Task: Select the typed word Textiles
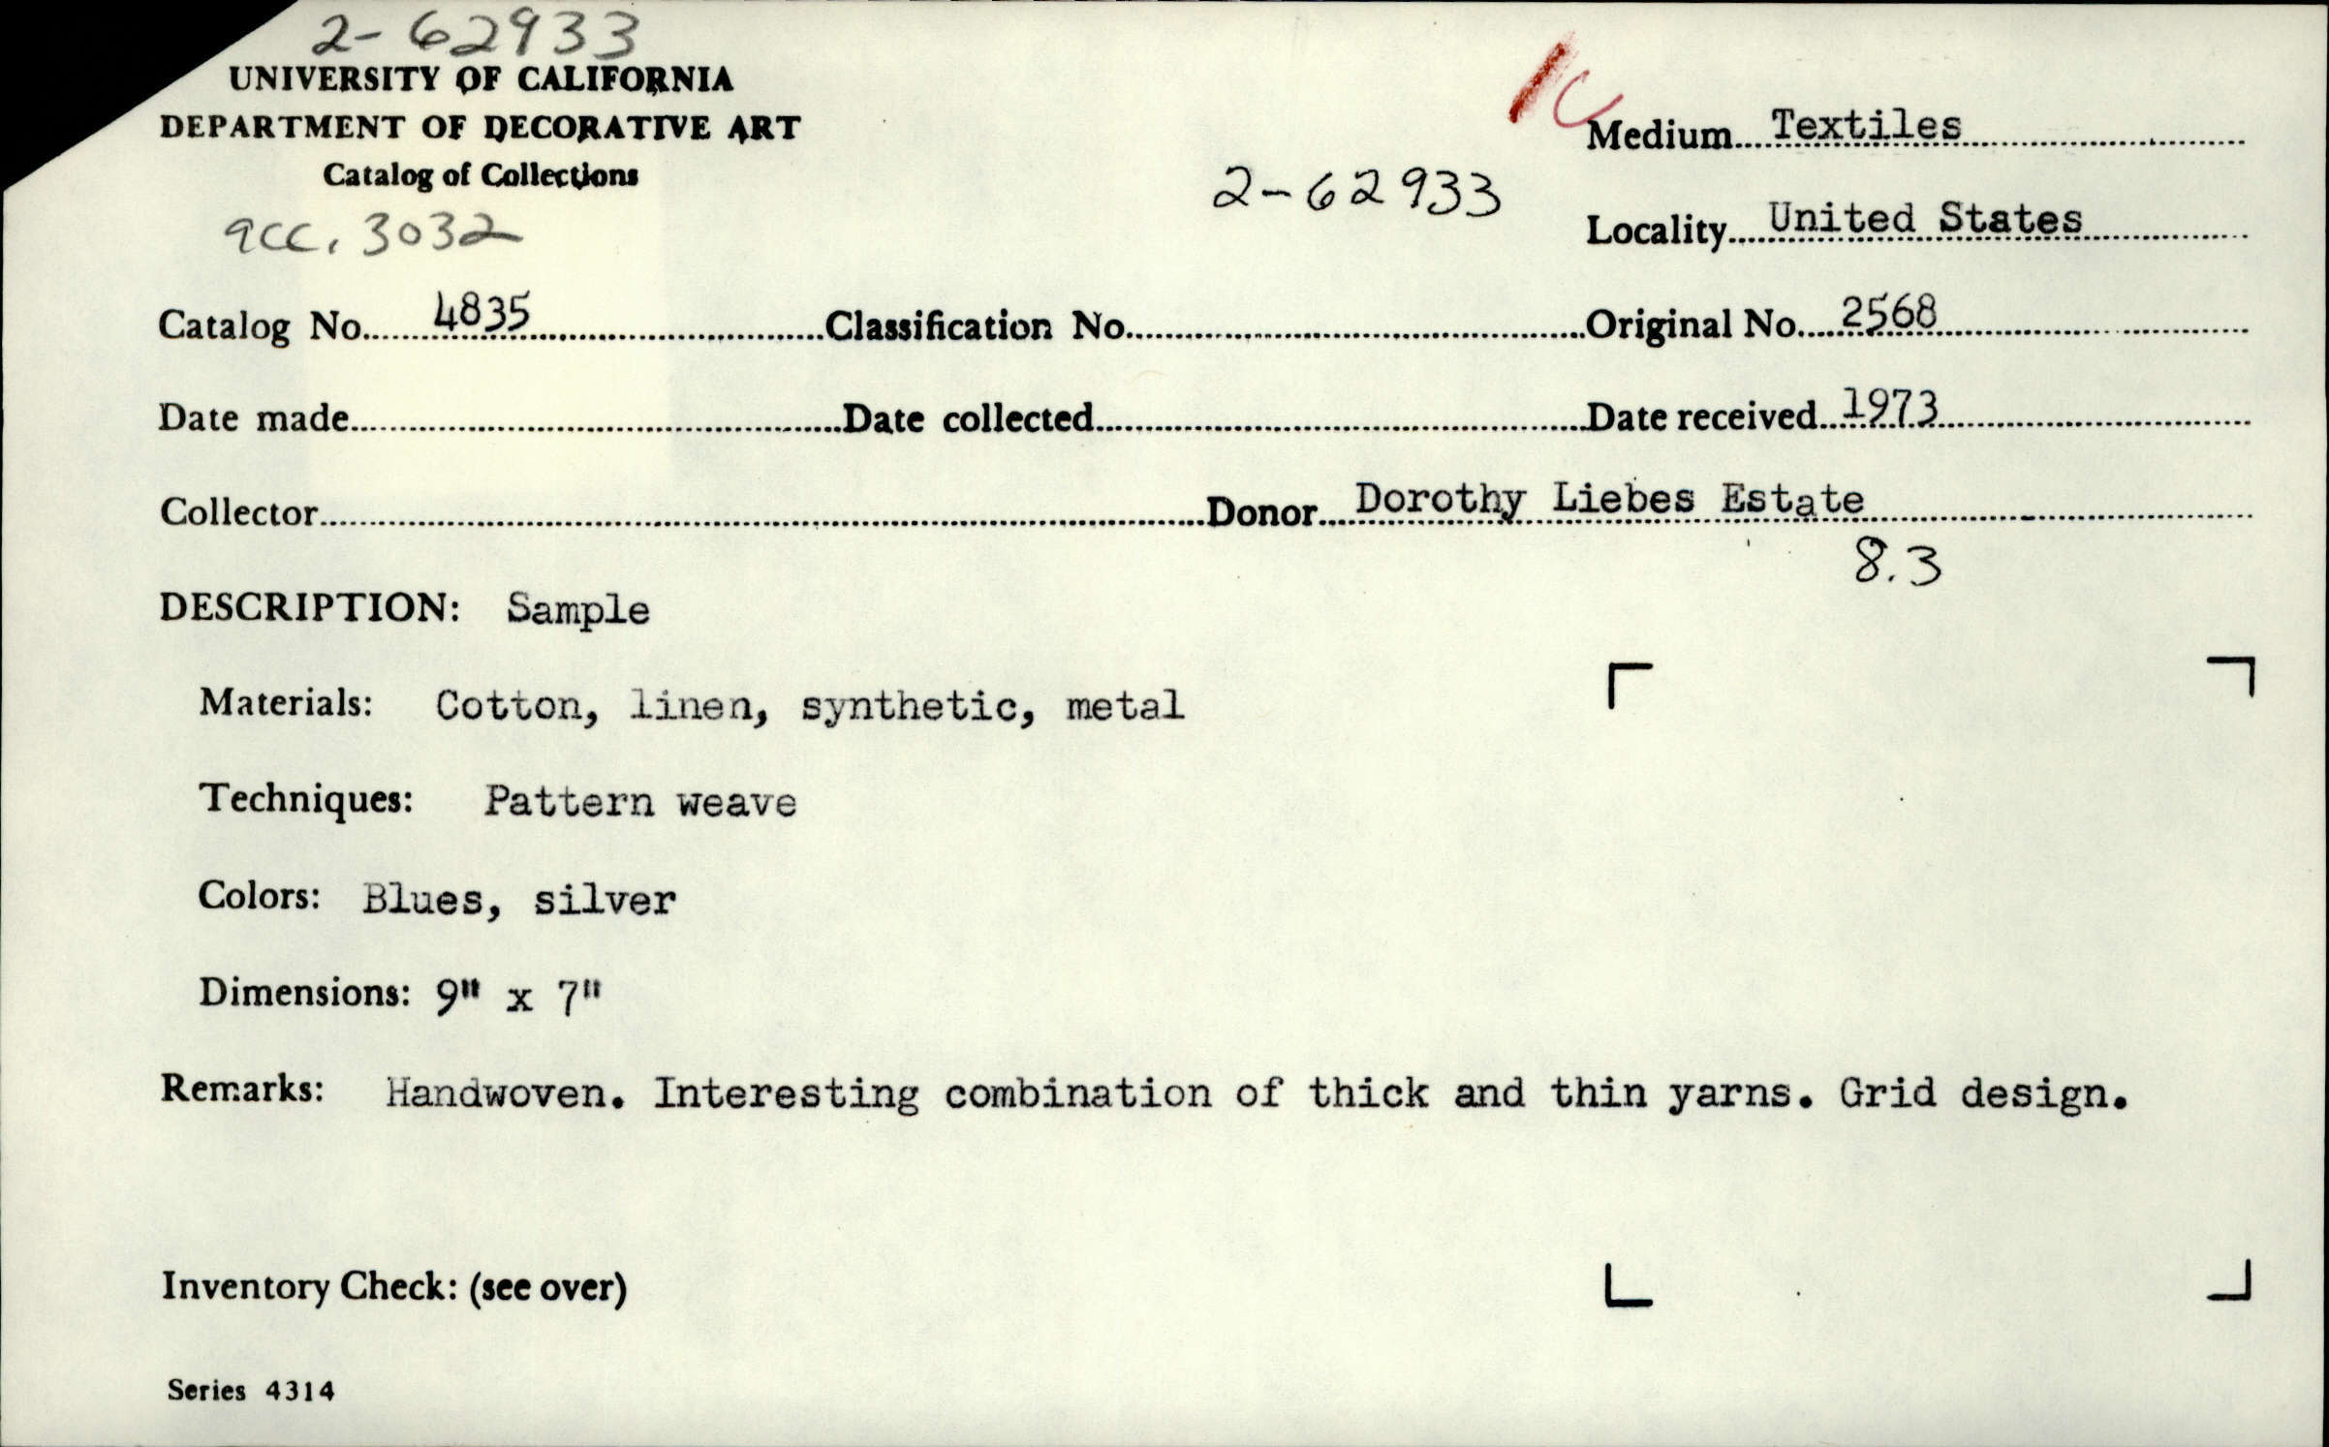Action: pyautogui.click(x=1866, y=126)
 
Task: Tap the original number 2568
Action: pyautogui.click(x=1888, y=313)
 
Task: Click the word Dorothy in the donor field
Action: pyautogui.click(x=1439, y=501)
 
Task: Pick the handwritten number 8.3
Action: pyautogui.click(x=1897, y=565)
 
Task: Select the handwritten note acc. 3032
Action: pyautogui.click(x=368, y=234)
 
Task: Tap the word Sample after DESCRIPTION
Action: pyautogui.click(x=578, y=610)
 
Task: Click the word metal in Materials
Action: pyautogui.click(x=1125, y=705)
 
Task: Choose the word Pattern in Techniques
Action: pyautogui.click(x=570, y=802)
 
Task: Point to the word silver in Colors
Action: pyautogui.click(x=605, y=901)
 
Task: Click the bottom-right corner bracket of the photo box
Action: pyautogui.click(x=2231, y=1284)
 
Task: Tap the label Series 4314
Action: pyautogui.click(x=251, y=1391)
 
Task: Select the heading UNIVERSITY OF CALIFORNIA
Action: pyautogui.click(x=481, y=79)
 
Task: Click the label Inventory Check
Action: pyautogui.click(x=308, y=1286)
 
